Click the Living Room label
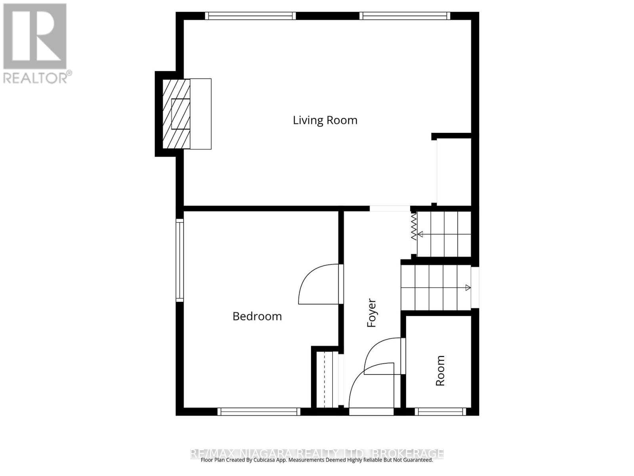(325, 120)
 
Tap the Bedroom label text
(257, 316)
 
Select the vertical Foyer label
(371, 313)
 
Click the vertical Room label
(440, 371)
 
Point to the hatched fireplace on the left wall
(176, 114)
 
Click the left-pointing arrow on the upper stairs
(420, 234)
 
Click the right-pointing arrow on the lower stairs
(468, 288)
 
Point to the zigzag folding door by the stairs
(414, 227)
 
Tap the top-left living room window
(250, 16)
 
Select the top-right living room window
(405, 16)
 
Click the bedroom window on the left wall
(180, 260)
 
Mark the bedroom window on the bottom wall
(259, 412)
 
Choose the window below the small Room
(441, 412)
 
